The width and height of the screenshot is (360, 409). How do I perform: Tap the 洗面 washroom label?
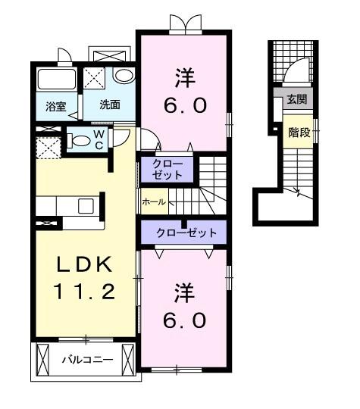click(x=110, y=105)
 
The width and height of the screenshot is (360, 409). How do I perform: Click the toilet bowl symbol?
click(x=79, y=140)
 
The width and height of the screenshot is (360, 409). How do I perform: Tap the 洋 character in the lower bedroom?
click(x=183, y=290)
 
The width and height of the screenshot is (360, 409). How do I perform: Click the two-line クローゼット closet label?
click(x=167, y=169)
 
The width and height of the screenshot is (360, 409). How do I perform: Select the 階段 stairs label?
click(x=299, y=133)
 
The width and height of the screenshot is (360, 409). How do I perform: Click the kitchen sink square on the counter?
click(x=85, y=205)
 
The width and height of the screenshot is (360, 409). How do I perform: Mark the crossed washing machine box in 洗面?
click(x=96, y=79)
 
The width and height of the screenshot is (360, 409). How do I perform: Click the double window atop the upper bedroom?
click(x=186, y=23)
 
